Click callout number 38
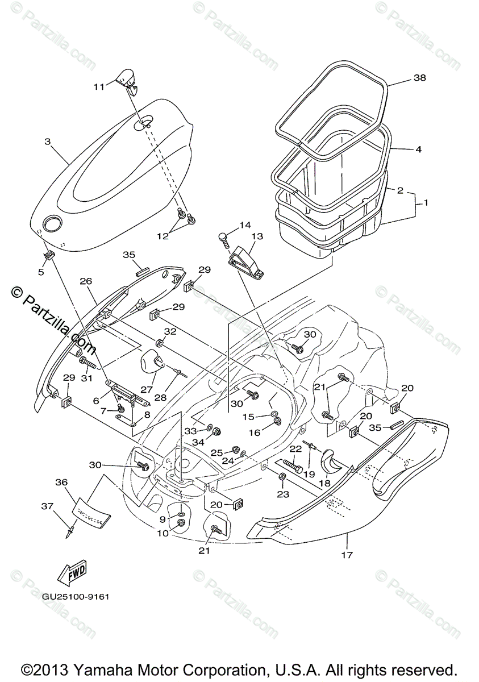[x=419, y=78]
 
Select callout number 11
[x=99, y=87]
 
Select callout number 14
[x=244, y=225]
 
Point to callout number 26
[x=86, y=280]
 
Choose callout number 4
[x=418, y=150]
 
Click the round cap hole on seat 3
[x=54, y=223]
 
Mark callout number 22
[x=294, y=449]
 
